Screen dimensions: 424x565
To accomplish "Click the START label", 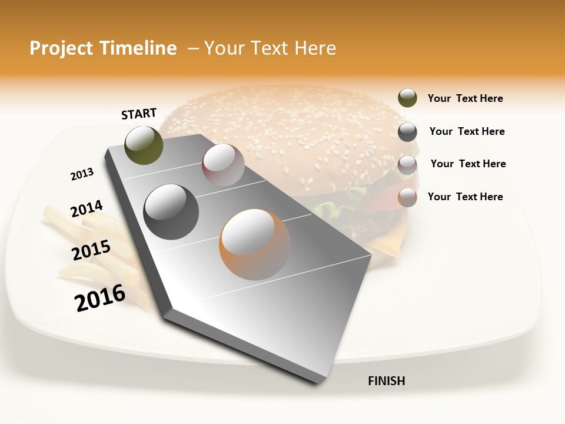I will [x=139, y=114].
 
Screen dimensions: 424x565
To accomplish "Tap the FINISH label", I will [x=386, y=381].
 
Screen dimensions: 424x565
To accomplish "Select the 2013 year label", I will [x=82, y=174].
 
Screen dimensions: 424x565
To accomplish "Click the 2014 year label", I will [x=87, y=209].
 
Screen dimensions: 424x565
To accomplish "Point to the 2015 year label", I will [x=91, y=250].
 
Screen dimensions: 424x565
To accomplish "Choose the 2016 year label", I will [x=100, y=297].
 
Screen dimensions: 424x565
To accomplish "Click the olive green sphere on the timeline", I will [x=144, y=145].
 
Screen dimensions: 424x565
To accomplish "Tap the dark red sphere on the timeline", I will [x=223, y=165].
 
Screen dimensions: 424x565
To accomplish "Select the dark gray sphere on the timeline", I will [x=171, y=212].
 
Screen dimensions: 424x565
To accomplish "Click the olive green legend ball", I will [x=407, y=98].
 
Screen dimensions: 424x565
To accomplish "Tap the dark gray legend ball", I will [x=407, y=131].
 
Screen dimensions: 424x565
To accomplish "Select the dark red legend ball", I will [x=407, y=164].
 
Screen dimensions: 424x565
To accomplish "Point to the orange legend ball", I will [x=407, y=197].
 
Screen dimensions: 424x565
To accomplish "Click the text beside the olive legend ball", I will [x=465, y=99].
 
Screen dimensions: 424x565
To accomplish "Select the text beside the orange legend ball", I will [x=465, y=197].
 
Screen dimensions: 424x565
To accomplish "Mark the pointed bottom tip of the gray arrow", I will [x=321, y=384].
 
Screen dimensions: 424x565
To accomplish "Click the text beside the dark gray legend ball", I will [x=467, y=131].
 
